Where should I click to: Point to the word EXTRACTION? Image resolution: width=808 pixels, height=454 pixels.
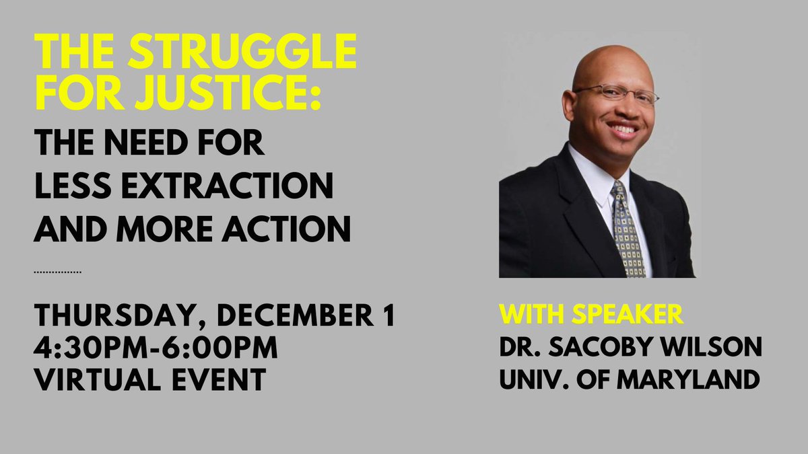point(234,186)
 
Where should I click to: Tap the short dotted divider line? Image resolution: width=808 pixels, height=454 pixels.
point(58,272)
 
